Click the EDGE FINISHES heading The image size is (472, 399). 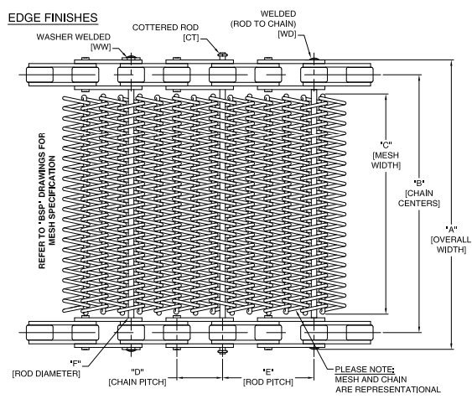(53, 18)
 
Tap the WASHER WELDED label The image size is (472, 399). (74, 37)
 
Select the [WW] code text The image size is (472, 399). (101, 47)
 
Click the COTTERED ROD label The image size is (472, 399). (165, 28)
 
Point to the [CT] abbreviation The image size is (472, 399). (191, 38)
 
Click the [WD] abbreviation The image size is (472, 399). (287, 34)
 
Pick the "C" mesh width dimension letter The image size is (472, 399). (386, 145)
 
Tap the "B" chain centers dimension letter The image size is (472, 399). (419, 183)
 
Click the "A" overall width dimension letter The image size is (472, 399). (451, 230)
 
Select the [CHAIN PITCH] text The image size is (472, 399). (137, 382)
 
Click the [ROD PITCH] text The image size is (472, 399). (268, 382)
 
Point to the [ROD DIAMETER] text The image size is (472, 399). (46, 374)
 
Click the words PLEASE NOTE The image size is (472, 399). (365, 370)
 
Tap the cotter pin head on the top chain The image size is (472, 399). (222, 55)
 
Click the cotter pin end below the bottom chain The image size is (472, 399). (222, 351)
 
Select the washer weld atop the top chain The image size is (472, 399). (131, 56)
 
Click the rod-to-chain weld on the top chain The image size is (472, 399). (314, 58)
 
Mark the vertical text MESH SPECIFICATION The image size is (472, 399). (52, 200)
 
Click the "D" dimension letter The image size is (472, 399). (137, 372)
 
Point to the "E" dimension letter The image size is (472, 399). (268, 372)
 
